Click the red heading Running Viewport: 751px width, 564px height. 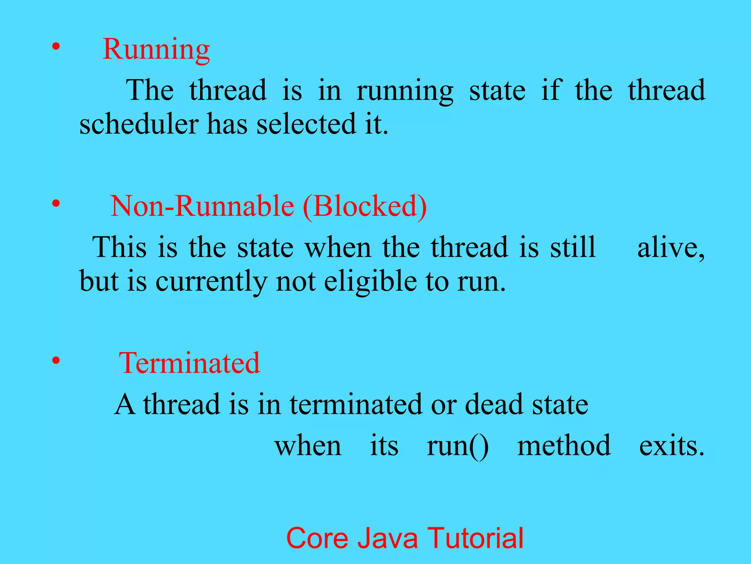point(156,50)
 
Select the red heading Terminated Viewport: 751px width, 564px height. point(189,363)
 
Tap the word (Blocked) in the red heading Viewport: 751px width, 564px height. point(365,206)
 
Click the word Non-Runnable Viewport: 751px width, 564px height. point(202,206)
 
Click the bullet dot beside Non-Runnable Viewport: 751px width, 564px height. point(56,203)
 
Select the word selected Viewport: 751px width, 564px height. point(306,124)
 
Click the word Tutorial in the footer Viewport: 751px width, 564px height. point(476,538)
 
